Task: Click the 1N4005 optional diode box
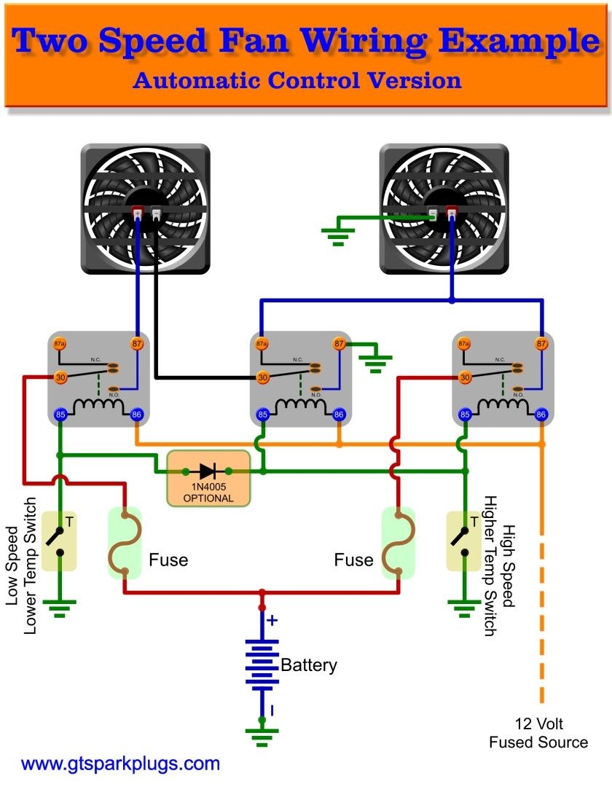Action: (208, 478)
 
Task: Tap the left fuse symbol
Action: (125, 544)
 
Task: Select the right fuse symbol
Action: (398, 544)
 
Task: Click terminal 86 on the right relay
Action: (541, 415)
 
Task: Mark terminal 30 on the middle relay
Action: (262, 377)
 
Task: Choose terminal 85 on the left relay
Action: (60, 415)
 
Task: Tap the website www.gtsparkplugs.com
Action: (120, 764)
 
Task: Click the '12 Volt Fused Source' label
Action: (538, 733)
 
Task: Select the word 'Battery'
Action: (309, 664)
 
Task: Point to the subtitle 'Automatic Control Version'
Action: (297, 79)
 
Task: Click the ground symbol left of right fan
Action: (337, 235)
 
